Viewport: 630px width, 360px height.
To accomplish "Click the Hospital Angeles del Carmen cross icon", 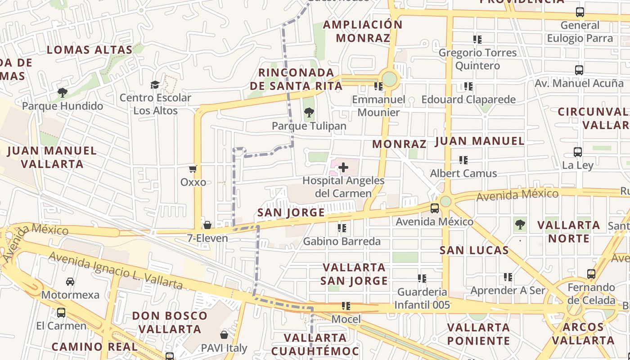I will coord(343,168).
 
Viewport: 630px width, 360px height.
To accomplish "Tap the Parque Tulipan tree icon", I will coord(309,112).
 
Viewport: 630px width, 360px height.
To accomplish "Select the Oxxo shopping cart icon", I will coord(193,169).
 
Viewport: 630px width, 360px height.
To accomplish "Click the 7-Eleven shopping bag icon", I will coord(207,225).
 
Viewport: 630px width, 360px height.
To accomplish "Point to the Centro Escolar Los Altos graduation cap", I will coord(155,85).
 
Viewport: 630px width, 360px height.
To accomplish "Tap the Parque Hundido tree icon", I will coord(63,93).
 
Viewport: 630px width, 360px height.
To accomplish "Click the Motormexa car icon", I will coord(70,282).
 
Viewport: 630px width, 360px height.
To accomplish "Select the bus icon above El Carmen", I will coord(61,312).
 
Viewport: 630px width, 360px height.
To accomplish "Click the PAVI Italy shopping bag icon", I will coord(224,335).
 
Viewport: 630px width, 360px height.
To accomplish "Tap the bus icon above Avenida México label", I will coord(434,208).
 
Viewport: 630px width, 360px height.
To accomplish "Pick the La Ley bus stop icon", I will coord(578,152).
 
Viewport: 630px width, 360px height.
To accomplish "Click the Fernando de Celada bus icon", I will coord(591,274).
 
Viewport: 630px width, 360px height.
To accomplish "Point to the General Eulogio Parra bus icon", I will coord(580,12).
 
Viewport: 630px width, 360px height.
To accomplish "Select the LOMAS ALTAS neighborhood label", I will coord(90,49).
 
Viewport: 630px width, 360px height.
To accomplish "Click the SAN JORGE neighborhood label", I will coord(291,212).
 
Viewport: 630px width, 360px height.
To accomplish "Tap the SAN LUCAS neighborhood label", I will coord(474,250).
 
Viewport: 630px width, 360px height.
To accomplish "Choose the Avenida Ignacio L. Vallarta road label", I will coord(116,271).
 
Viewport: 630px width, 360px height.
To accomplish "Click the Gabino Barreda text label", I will coord(342,242).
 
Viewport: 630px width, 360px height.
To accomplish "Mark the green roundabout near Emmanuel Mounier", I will coord(389,79).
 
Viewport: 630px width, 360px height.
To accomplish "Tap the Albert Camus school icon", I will coord(463,160).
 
